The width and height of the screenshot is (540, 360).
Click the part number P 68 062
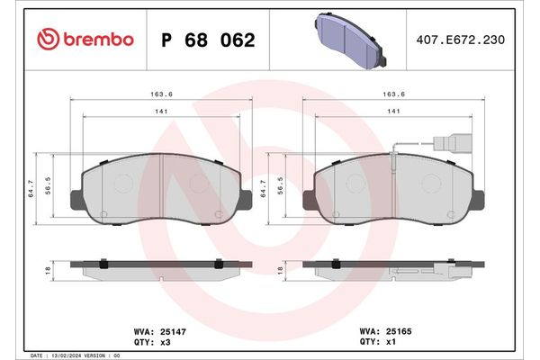tap(207, 40)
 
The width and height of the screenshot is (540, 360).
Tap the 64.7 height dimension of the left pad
tap(32, 186)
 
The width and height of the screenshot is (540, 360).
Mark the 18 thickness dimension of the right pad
tap(282, 269)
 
